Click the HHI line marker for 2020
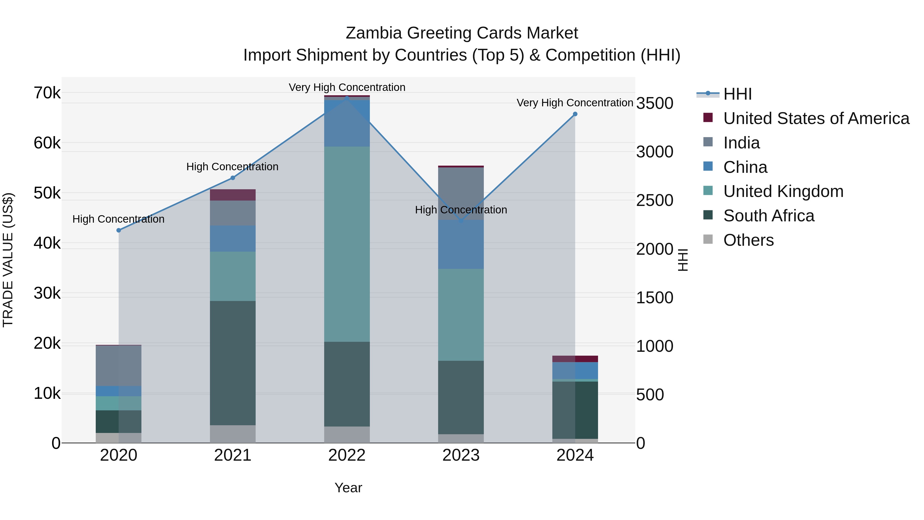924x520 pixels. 119,230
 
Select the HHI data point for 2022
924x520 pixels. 347,98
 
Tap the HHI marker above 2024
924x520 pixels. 575,114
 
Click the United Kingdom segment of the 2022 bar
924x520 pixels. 347,244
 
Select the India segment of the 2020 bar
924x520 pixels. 119,365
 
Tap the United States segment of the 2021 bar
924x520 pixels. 233,195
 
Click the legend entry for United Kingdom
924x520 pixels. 783,192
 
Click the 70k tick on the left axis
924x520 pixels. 47,93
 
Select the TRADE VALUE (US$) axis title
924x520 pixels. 8,260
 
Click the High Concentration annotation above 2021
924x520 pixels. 233,167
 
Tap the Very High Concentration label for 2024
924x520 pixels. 575,103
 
